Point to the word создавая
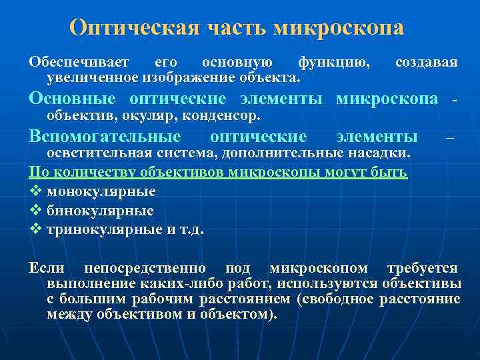click(x=426, y=63)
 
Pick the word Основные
click(x=71, y=99)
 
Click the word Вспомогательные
click(x=105, y=137)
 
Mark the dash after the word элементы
click(x=449, y=138)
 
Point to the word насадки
click(x=385, y=154)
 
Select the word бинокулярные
click(x=101, y=211)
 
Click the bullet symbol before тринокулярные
click(x=35, y=230)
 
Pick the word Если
click(x=46, y=269)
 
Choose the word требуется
click(x=422, y=269)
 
